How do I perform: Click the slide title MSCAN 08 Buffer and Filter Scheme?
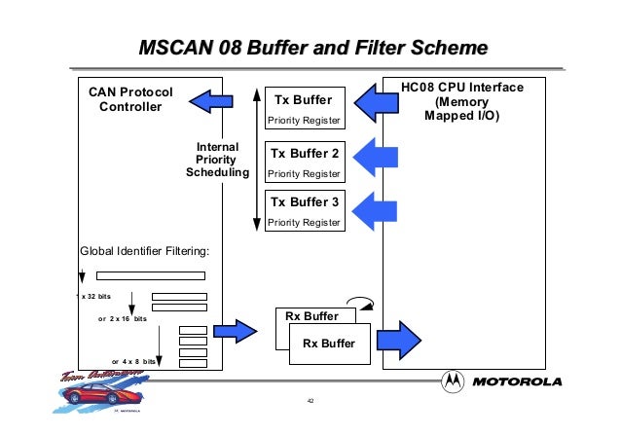pos(311,47)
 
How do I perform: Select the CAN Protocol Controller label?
pos(130,98)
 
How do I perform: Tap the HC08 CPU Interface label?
pos(462,101)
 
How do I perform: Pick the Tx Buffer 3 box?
pos(305,210)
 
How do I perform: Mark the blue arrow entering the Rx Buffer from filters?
pos(238,332)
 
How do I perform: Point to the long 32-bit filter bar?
pos(151,275)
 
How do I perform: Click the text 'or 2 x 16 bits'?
pos(123,318)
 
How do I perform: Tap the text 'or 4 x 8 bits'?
pos(133,361)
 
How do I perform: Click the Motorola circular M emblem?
pos(455,381)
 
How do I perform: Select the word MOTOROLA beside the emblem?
pos(517,381)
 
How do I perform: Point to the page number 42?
pos(310,401)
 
